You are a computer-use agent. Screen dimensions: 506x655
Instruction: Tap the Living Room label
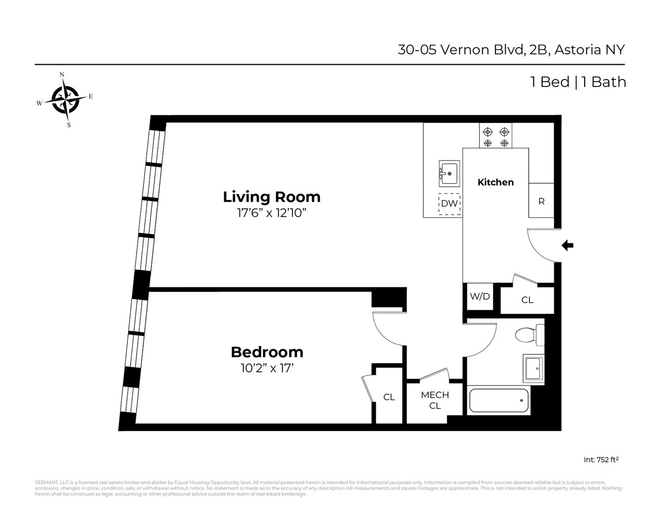click(x=272, y=196)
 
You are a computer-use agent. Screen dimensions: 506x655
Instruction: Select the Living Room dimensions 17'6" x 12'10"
click(x=272, y=213)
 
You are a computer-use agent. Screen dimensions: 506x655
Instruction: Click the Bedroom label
click(x=267, y=352)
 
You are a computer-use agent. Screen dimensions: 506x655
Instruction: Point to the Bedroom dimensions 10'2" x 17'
click(x=267, y=368)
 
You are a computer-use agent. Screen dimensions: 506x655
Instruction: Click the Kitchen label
click(x=496, y=182)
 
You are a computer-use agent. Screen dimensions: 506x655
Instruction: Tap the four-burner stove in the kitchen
click(x=496, y=137)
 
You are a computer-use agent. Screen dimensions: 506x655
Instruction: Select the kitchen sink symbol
click(x=448, y=174)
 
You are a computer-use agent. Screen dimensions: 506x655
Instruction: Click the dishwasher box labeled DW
click(x=449, y=204)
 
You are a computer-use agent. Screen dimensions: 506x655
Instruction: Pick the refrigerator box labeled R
click(x=541, y=201)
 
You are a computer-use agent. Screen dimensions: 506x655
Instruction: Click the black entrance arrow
click(x=567, y=246)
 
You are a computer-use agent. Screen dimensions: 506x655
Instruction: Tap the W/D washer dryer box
click(x=479, y=297)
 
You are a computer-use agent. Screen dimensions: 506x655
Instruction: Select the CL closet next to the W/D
click(x=527, y=300)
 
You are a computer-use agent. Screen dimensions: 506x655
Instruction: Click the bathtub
click(x=499, y=401)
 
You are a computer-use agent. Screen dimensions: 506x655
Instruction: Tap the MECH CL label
click(x=435, y=400)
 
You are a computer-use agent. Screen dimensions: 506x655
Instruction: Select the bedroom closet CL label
click(x=389, y=397)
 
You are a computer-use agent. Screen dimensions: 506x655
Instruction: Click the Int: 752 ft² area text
click(x=601, y=460)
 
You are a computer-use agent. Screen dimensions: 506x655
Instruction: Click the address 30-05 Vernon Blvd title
click(x=511, y=50)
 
